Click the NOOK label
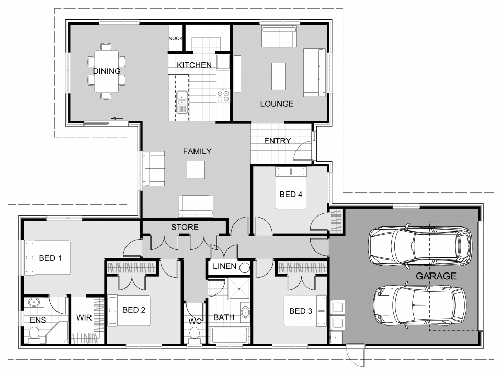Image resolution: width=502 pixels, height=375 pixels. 176,38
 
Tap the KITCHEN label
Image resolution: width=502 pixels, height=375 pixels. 195,65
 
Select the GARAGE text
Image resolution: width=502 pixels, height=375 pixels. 436,276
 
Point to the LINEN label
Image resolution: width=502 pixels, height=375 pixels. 224,266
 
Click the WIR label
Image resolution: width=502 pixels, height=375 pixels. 84,317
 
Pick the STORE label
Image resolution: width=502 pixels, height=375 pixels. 185,227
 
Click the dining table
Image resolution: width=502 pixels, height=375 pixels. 106,71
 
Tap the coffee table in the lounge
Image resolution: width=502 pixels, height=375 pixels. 279,76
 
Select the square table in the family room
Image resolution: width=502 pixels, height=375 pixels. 196,170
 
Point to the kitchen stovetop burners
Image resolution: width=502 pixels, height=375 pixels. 223,95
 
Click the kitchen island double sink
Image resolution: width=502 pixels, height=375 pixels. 182,102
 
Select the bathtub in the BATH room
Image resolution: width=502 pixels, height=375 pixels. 230,335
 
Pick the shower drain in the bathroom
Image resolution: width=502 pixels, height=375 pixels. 239,289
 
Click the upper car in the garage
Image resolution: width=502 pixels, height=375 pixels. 420,246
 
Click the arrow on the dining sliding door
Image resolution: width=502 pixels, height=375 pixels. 117,119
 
